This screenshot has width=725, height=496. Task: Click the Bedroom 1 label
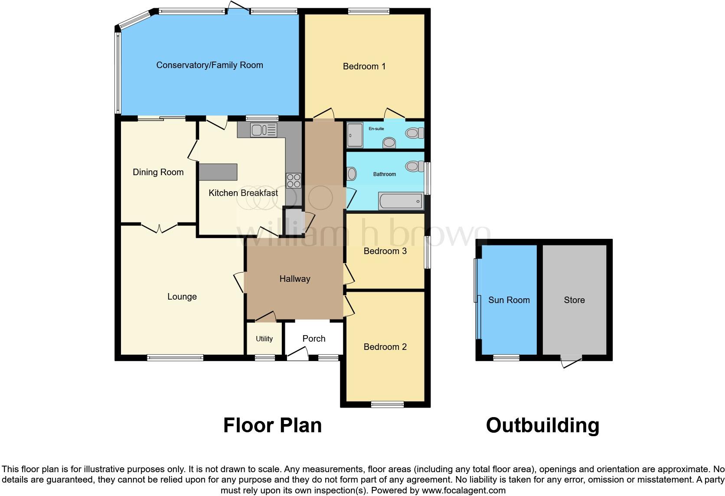pyautogui.click(x=364, y=66)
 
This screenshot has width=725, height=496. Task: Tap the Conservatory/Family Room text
pyautogui.click(x=209, y=65)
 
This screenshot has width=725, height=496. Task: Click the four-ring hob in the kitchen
pyautogui.click(x=294, y=180)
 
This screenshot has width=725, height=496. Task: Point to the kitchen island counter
pyautogui.click(x=218, y=172)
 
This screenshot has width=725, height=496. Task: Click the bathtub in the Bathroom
pyautogui.click(x=400, y=201)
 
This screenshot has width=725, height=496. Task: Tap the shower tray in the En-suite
pyautogui.click(x=355, y=135)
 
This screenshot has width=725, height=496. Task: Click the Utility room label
pyautogui.click(x=264, y=339)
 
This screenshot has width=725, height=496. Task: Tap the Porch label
pyautogui.click(x=314, y=339)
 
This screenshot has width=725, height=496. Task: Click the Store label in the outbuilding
pyautogui.click(x=574, y=300)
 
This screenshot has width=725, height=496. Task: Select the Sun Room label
pyautogui.click(x=509, y=300)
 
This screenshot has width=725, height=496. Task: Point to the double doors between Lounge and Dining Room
pyautogui.click(x=159, y=228)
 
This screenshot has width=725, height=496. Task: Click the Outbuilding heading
pyautogui.click(x=542, y=425)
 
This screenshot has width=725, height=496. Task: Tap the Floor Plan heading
pyautogui.click(x=272, y=425)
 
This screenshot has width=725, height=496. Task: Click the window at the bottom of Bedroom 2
pyautogui.click(x=387, y=405)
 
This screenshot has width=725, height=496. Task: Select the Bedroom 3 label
pyautogui.click(x=385, y=251)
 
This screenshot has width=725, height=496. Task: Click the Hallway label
pyautogui.click(x=294, y=279)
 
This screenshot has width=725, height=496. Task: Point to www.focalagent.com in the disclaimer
pyautogui.click(x=463, y=491)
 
